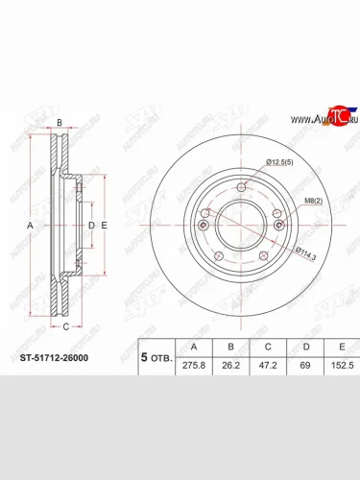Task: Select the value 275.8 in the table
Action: coord(196,365)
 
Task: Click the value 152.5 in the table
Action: coord(341,365)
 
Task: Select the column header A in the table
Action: coord(196,346)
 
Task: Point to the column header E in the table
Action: coord(341,346)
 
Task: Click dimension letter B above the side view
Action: coord(59,122)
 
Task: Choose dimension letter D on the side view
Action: coord(91,225)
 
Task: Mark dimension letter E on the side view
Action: coord(104,225)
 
